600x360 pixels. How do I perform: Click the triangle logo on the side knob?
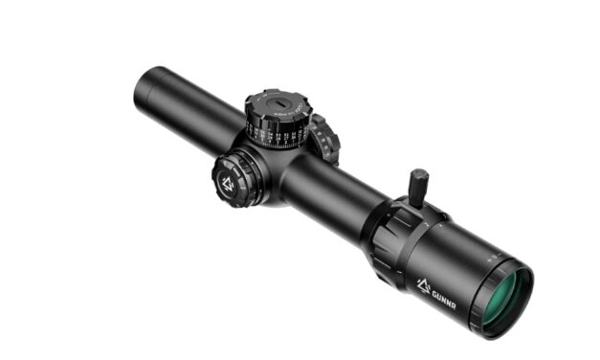[229, 183]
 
